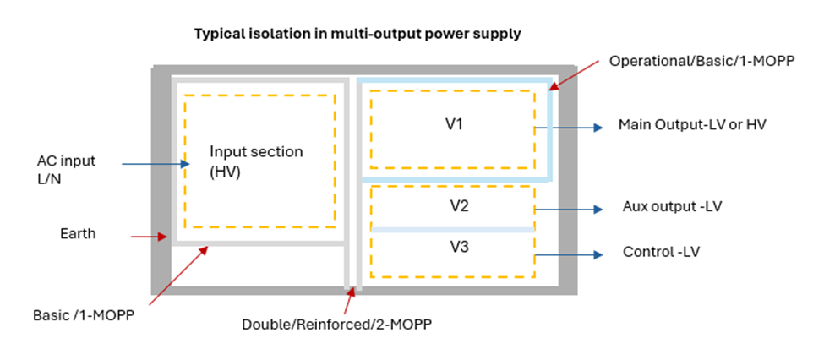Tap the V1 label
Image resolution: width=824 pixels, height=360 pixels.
[x=455, y=123]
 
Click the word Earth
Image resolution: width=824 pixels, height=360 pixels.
[x=78, y=233]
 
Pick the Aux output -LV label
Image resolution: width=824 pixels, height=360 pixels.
[x=672, y=208]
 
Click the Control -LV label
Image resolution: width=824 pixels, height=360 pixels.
[x=660, y=252]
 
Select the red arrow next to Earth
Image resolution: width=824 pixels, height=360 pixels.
[x=150, y=237]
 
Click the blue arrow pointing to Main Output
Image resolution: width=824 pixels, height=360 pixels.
[x=568, y=128]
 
